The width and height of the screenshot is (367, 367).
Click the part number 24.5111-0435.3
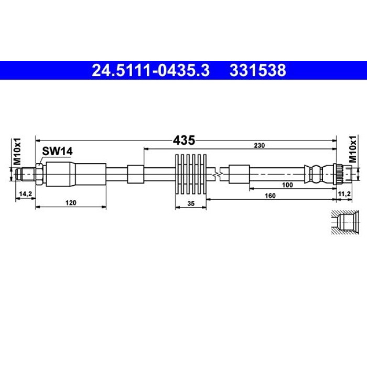150,70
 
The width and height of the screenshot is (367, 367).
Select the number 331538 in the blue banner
258,70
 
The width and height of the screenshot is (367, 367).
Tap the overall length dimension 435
183,141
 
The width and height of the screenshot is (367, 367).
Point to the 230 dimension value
260,145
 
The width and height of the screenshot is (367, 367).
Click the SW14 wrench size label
57,152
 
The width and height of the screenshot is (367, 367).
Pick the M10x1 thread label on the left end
17,152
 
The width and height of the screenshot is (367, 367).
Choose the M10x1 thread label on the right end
353,149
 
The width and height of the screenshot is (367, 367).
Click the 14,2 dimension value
26,194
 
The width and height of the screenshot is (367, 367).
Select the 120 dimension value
71,202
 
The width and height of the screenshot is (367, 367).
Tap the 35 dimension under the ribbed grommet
191,203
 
